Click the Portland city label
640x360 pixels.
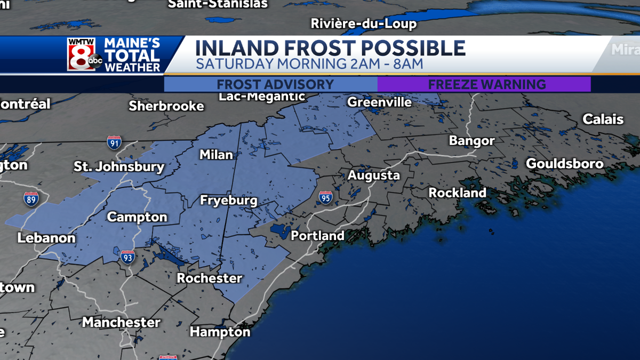[x=317, y=235]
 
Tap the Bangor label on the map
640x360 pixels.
[x=471, y=141]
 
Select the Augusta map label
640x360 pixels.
[x=373, y=175]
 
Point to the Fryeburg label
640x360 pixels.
[x=228, y=201]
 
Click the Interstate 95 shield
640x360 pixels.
[x=326, y=197]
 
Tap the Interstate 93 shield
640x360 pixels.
[x=127, y=258]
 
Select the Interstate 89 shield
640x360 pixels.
[x=31, y=199]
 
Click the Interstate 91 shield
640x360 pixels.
[x=114, y=142]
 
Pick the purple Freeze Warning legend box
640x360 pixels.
[x=484, y=84]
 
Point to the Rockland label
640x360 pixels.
[x=457, y=193]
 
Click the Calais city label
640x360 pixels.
[x=603, y=119]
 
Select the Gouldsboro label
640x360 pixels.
[x=565, y=164]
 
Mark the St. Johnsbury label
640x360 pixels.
[x=119, y=167]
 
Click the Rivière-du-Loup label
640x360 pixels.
[x=363, y=24]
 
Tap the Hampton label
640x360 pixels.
[x=220, y=332]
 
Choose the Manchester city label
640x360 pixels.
[x=121, y=322]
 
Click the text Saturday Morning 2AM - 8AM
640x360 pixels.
[x=309, y=64]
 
